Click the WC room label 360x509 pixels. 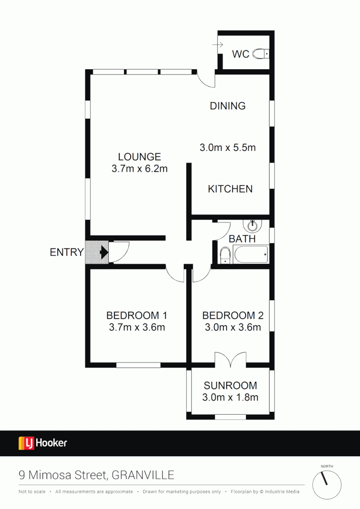(x=240, y=54)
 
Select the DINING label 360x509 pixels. (x=228, y=106)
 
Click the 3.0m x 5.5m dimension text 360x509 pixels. (x=228, y=148)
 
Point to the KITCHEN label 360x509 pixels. (x=230, y=189)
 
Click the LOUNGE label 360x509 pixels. (x=139, y=157)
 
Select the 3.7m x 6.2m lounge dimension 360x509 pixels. (x=139, y=168)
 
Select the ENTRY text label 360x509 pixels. (x=66, y=253)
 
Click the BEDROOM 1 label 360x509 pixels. (x=137, y=315)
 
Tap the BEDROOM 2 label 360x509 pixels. (x=233, y=315)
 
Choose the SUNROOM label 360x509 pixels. (x=230, y=386)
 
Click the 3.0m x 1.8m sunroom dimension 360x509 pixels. (x=230, y=397)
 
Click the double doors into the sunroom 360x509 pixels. (x=230, y=360)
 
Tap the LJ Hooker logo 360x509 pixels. (x=43, y=443)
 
